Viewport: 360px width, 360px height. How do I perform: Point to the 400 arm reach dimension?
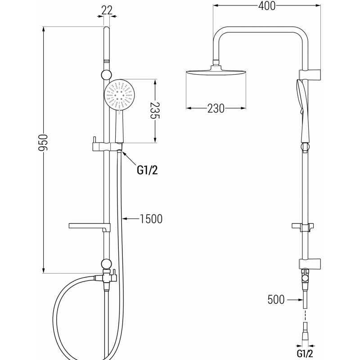[x=266, y=5]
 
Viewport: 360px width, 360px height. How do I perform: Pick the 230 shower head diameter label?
[x=216, y=108]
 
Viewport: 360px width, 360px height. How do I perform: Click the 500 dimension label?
[x=276, y=299]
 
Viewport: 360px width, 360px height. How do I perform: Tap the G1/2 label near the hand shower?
[x=148, y=170]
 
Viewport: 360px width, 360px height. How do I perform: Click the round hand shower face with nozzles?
[x=120, y=95]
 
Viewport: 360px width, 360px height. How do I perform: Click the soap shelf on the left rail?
[x=88, y=225]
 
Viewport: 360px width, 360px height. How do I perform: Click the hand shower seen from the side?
[x=304, y=103]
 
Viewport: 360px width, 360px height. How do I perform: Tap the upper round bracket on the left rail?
[x=107, y=75]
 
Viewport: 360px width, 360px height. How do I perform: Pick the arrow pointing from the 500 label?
[x=295, y=299]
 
